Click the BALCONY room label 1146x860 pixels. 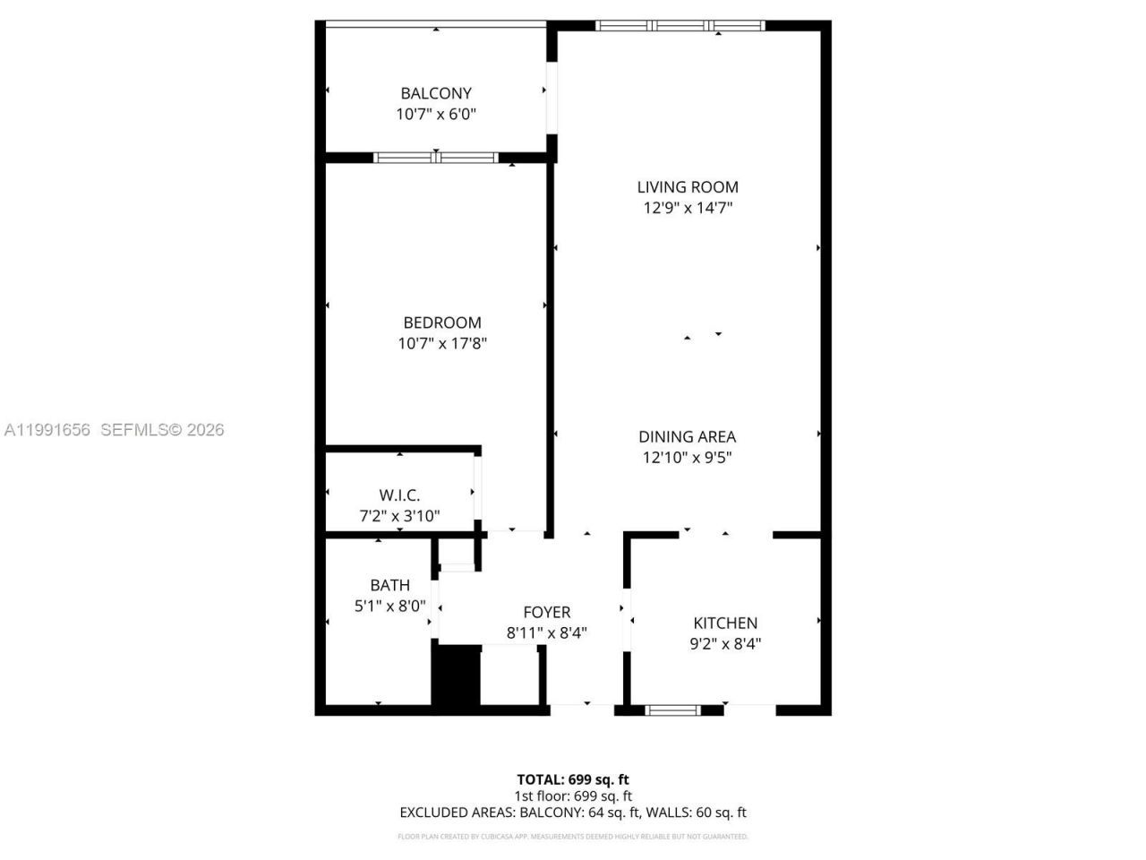coord(436,93)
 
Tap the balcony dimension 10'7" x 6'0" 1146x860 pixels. coord(436,115)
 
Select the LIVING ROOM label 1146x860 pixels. coord(688,187)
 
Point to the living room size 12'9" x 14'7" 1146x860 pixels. coord(688,208)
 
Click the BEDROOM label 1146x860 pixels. coord(442,322)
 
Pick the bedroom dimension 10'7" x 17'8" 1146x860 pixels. coord(442,343)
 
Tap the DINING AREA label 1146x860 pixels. coord(688,437)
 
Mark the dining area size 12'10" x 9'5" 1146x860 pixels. coord(688,458)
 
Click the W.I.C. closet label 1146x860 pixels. coord(399,495)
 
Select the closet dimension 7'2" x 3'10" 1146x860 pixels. coord(399,516)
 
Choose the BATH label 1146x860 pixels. coord(390,585)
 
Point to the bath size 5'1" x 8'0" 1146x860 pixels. coord(390,606)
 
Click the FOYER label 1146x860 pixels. coord(546,613)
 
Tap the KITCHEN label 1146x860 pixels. coord(725,623)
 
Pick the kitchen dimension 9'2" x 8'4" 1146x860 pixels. coord(725,643)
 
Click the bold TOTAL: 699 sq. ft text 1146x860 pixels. coord(573,779)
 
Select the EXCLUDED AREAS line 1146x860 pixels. coord(573,813)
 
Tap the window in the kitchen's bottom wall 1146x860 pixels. coord(672,710)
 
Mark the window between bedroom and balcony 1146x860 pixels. coord(436,158)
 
